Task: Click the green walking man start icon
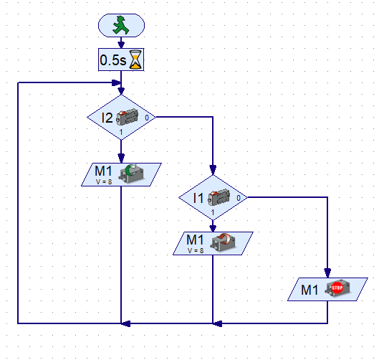tap(121, 25)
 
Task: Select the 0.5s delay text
tap(113, 60)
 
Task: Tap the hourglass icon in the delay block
tap(135, 60)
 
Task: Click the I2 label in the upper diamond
tap(107, 118)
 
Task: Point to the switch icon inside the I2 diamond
tap(128, 117)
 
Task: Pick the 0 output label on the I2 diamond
tap(147, 118)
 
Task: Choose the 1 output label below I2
tap(121, 132)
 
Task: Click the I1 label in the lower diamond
tap(198, 198)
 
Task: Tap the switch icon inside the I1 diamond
tap(219, 197)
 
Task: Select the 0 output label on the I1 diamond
tap(239, 198)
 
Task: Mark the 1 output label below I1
tap(213, 212)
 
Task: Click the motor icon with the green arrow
tap(131, 173)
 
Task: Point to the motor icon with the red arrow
tap(224, 242)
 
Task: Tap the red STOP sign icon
tap(337, 288)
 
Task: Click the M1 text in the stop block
tap(310, 290)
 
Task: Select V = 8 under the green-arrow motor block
tap(104, 181)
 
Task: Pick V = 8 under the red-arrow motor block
tap(196, 250)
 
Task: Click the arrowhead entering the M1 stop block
tap(327, 273)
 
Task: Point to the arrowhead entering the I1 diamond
tap(213, 170)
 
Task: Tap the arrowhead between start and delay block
tap(121, 45)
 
